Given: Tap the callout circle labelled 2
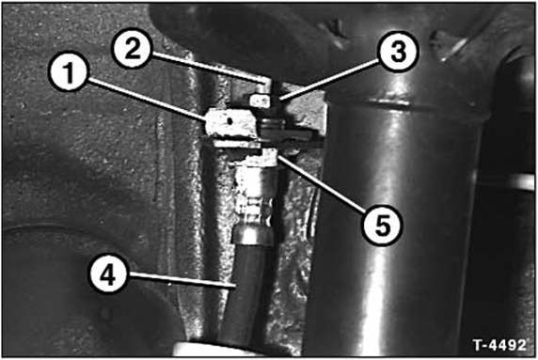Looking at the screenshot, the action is pos(132,48).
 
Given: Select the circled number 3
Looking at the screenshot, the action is pos(397,52).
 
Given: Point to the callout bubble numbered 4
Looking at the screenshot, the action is pos(108,274).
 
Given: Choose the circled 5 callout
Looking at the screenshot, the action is pos(382,225).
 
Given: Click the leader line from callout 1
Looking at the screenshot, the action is pos(147,99).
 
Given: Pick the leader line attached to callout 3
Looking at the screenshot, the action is pos(330,80).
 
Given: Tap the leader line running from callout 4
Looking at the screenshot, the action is pos(182,279).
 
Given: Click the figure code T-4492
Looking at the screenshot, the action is pos(498,345).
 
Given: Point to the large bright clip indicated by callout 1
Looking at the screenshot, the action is pos(231,122).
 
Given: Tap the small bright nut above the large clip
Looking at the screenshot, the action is pos(260,101).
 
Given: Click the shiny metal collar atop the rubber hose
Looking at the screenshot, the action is pos(252,234).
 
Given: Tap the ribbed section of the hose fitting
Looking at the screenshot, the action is pos(255,210).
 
